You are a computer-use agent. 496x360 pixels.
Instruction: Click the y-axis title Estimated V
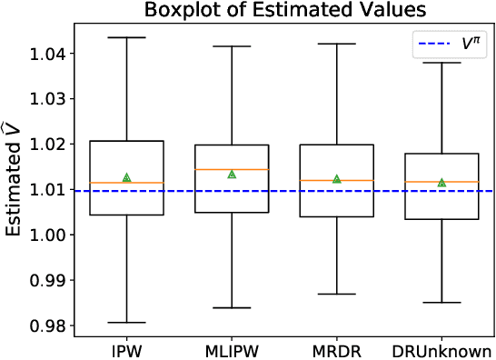[17, 182]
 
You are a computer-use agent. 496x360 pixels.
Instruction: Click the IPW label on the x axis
[126, 350]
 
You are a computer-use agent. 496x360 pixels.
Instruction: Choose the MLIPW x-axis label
[231, 350]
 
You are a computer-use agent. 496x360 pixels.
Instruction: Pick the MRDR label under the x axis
[336, 350]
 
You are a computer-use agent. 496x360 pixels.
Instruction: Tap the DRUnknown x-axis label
[441, 350]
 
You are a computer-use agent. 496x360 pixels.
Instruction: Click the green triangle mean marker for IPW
[126, 177]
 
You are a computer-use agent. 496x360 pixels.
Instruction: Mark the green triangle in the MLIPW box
[232, 174]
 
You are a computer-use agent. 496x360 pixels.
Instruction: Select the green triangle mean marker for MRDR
[336, 179]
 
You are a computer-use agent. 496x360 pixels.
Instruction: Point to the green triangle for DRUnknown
[441, 183]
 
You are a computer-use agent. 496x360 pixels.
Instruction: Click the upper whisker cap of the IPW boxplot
[126, 37]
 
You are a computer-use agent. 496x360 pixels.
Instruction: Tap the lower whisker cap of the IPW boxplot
[126, 323]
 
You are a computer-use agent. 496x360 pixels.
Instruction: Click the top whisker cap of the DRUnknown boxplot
[441, 63]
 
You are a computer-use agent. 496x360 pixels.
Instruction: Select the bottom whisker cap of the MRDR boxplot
[336, 295]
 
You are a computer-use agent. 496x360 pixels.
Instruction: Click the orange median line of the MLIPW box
[232, 170]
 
